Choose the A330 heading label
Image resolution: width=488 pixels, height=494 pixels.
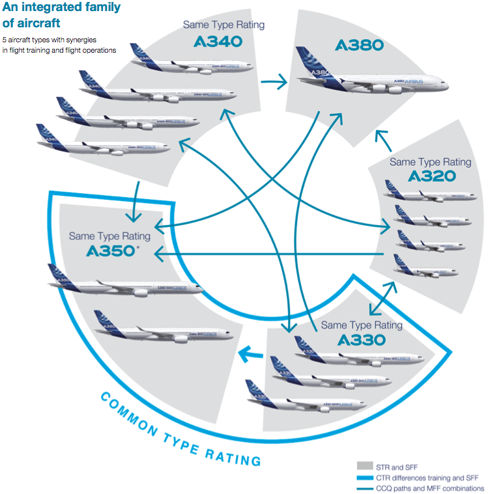[x=362, y=340]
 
